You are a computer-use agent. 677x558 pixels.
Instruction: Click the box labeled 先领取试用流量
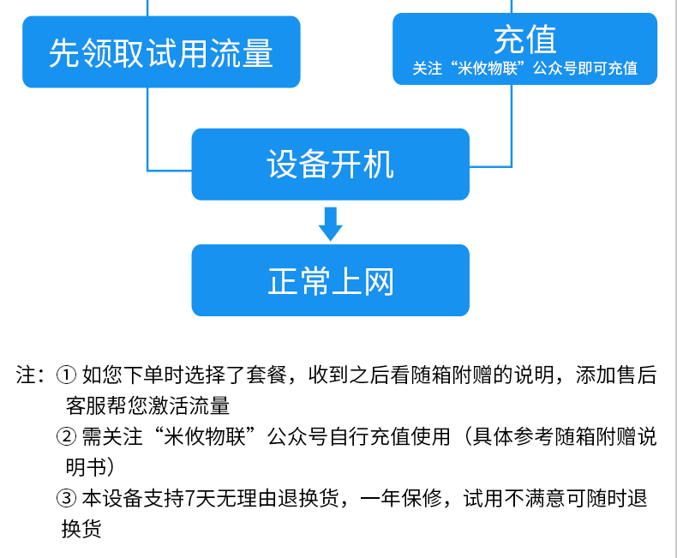point(161,51)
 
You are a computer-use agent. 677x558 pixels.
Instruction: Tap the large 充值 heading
point(525,39)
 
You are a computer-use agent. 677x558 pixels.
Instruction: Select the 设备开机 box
point(330,164)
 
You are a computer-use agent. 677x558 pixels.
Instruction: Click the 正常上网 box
point(330,280)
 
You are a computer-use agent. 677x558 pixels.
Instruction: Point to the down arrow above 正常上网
point(331,224)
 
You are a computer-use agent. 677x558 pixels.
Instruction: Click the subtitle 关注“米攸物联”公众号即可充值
point(525,69)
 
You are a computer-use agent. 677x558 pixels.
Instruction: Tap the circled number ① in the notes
point(67,375)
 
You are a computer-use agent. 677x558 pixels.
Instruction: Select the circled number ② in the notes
point(67,436)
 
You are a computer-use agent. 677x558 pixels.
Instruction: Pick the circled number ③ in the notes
point(67,498)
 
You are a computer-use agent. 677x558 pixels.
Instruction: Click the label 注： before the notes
point(30,375)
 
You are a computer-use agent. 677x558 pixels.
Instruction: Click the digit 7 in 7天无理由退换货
point(189,498)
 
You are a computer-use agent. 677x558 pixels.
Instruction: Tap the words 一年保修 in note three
point(401,498)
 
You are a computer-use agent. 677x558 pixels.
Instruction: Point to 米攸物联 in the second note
point(205,436)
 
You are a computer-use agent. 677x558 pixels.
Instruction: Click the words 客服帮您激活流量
point(147,405)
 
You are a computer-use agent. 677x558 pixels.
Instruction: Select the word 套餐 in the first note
point(267,375)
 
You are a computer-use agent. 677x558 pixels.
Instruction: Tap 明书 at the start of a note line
point(86,467)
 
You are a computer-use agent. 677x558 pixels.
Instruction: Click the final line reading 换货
point(81,529)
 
